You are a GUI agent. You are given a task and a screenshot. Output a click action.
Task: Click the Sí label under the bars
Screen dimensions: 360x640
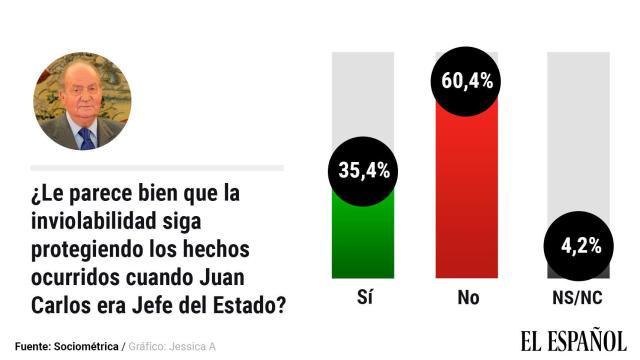click(x=363, y=297)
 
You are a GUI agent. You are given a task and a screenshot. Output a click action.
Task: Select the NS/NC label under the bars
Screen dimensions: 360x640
click(x=577, y=297)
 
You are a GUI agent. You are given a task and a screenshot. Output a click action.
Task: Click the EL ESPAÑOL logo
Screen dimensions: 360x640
click(x=572, y=340)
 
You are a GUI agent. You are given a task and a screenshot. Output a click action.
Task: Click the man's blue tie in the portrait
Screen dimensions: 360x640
click(x=86, y=137)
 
